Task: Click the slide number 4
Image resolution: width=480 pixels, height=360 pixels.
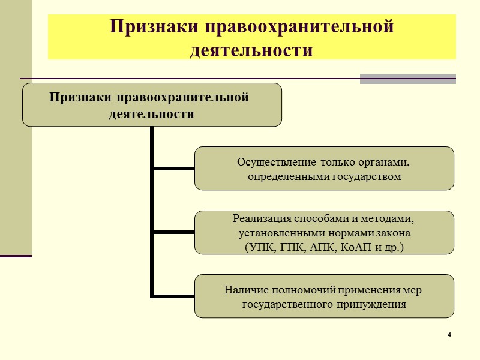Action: (x=449, y=334)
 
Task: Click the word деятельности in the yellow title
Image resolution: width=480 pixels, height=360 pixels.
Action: (x=251, y=50)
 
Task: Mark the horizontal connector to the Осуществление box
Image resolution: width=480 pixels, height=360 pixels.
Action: (x=173, y=169)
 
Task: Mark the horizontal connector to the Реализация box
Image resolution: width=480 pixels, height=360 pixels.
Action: (x=173, y=232)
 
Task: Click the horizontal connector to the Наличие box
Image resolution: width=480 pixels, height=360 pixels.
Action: (x=173, y=296)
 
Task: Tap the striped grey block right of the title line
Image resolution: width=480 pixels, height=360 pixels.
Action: (x=407, y=79)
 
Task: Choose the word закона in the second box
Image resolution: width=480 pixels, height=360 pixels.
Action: (x=395, y=232)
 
